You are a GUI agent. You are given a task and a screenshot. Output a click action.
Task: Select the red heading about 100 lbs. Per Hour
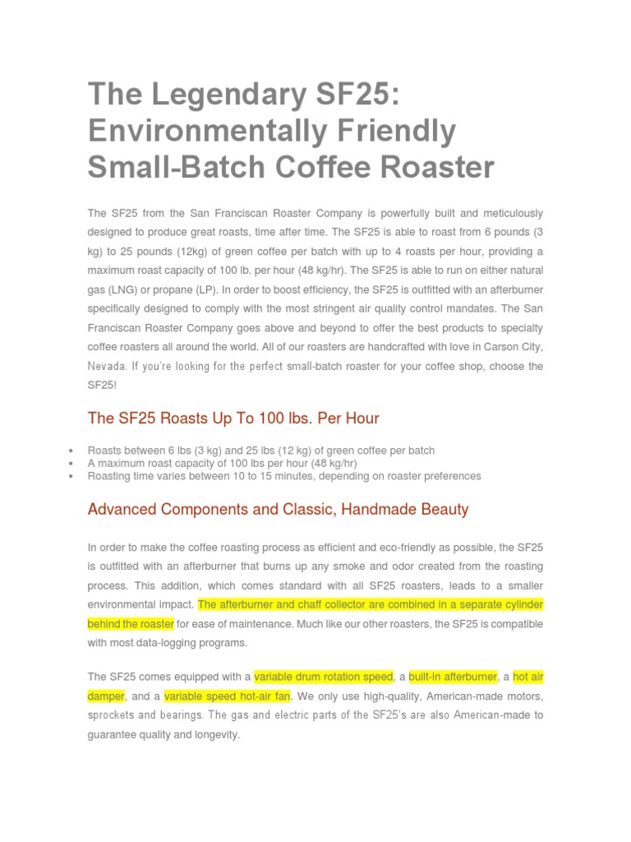(x=233, y=418)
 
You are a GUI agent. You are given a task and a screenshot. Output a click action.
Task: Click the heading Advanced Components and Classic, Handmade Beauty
(x=278, y=509)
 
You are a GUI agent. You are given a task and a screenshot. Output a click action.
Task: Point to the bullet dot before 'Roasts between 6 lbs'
(x=72, y=451)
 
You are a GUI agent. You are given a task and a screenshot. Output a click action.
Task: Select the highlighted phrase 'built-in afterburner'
(x=453, y=677)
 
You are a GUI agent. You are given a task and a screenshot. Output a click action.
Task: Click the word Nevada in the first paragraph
(x=108, y=365)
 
